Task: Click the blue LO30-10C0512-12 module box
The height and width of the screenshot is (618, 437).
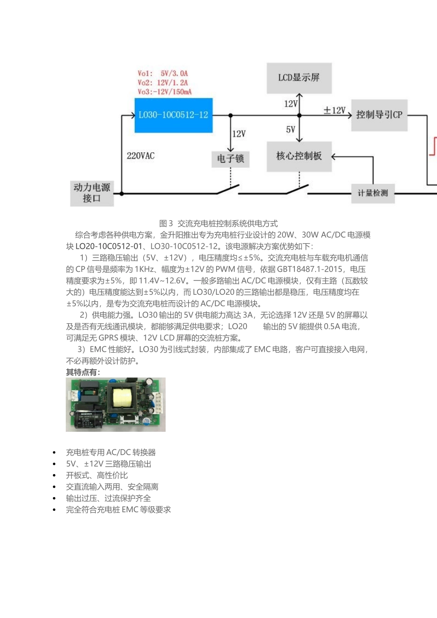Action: pyautogui.click(x=173, y=115)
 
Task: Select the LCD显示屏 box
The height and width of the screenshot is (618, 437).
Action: pyautogui.click(x=299, y=78)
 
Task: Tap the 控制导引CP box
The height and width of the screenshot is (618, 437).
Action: pyautogui.click(x=379, y=115)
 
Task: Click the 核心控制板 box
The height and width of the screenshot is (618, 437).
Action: pyautogui.click(x=299, y=156)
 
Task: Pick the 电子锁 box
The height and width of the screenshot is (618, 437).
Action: pyautogui.click(x=230, y=159)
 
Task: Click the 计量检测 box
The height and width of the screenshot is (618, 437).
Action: pyautogui.click(x=373, y=193)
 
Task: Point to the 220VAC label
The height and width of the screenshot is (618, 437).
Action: pyautogui.click(x=141, y=156)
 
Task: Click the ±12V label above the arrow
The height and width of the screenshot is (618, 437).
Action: pyautogui.click(x=334, y=110)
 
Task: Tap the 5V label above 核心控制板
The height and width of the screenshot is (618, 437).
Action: pyautogui.click(x=291, y=130)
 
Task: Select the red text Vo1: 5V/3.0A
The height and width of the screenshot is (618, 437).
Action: pyautogui.click(x=163, y=74)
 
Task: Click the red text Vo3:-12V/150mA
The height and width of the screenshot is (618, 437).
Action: pyautogui.click(x=165, y=92)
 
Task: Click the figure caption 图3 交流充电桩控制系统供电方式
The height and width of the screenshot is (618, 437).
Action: pyautogui.click(x=218, y=223)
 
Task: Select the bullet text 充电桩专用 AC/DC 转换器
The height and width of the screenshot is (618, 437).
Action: pyautogui.click(x=111, y=452)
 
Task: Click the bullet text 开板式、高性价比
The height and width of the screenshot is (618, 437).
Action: pyautogui.click(x=97, y=475)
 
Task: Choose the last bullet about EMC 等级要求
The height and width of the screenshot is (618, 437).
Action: pyautogui.click(x=119, y=510)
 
